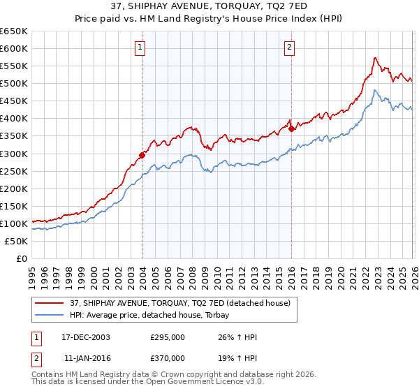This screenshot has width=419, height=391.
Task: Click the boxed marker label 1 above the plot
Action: [141, 47]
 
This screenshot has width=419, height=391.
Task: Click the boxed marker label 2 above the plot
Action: [289, 47]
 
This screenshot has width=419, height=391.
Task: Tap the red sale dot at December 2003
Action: [142, 155]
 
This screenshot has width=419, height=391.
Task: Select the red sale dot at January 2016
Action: [291, 128]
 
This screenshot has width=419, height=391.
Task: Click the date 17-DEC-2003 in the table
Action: [85, 338]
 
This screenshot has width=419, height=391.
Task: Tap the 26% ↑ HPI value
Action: [237, 338]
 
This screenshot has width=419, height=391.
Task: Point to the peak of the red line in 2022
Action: [375, 57]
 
